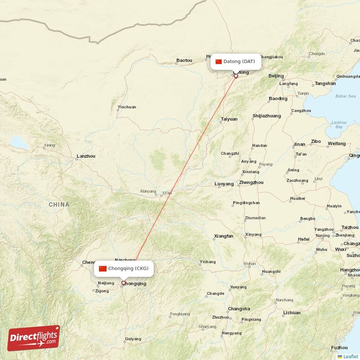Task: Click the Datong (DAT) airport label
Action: tap(239, 61)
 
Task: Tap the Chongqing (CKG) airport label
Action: tap(130, 269)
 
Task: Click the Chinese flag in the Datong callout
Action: tap(219, 62)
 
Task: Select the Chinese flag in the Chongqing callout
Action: tap(103, 269)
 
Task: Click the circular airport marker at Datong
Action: tap(235, 76)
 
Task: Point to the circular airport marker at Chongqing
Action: tap(124, 283)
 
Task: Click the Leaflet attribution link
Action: tap(350, 356)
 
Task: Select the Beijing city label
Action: tap(276, 76)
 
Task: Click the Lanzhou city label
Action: tap(86, 156)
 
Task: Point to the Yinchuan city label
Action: tap(126, 107)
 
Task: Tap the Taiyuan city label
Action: tap(229, 119)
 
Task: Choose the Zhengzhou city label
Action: tap(252, 183)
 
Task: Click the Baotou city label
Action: tap(184, 60)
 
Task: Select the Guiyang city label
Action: tap(133, 339)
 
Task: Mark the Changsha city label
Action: tap(239, 309)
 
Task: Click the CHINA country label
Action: tap(59, 205)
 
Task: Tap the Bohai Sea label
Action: tap(345, 96)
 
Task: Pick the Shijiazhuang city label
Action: tap(267, 116)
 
